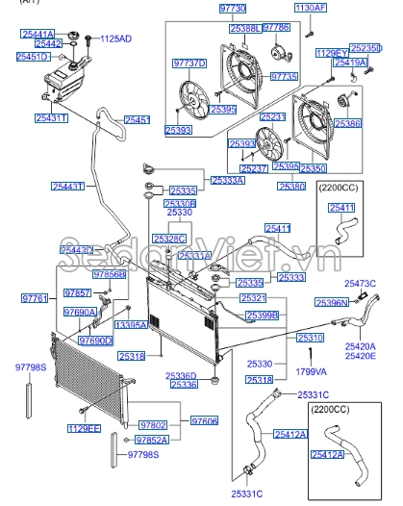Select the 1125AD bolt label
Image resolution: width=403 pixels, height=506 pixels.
pyautogui.click(x=116, y=38)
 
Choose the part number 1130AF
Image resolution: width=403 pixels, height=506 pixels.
pyautogui.click(x=311, y=8)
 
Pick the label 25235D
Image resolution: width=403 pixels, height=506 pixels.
pyautogui.click(x=365, y=47)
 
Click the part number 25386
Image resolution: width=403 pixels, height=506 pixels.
pyautogui.click(x=346, y=124)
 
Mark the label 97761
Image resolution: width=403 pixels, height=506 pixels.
pyautogui.click(x=35, y=300)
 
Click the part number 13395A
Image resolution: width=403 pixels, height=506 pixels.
pyautogui.click(x=132, y=325)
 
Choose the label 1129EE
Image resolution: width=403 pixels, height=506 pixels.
pyautogui.click(x=85, y=427)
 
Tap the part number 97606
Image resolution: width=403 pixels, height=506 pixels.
pyautogui.click(x=204, y=421)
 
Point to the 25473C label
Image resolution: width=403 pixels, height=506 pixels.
pyautogui.click(x=362, y=285)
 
